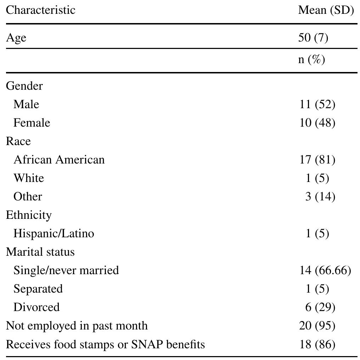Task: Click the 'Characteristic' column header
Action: pos(40,10)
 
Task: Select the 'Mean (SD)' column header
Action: pos(326,10)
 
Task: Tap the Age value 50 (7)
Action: pos(313,37)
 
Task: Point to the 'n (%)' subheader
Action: pos(311,59)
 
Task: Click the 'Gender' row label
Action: pos(24,86)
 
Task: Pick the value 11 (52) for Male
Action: pos(317,104)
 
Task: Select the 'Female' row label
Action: pos(32,123)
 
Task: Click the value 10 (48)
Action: pos(317,123)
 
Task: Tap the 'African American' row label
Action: pos(59,160)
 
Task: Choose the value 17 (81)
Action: pos(317,160)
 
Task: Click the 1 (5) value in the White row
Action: pos(317,178)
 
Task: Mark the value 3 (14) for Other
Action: pos(320,196)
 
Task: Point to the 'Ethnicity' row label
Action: pos(29,215)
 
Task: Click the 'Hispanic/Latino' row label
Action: pos(54,233)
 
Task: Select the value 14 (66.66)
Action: pos(325,270)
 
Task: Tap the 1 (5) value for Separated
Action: pos(317,289)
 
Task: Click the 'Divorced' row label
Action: pos(36,307)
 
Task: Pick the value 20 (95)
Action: pos(317,326)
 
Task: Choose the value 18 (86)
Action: pos(317,344)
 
